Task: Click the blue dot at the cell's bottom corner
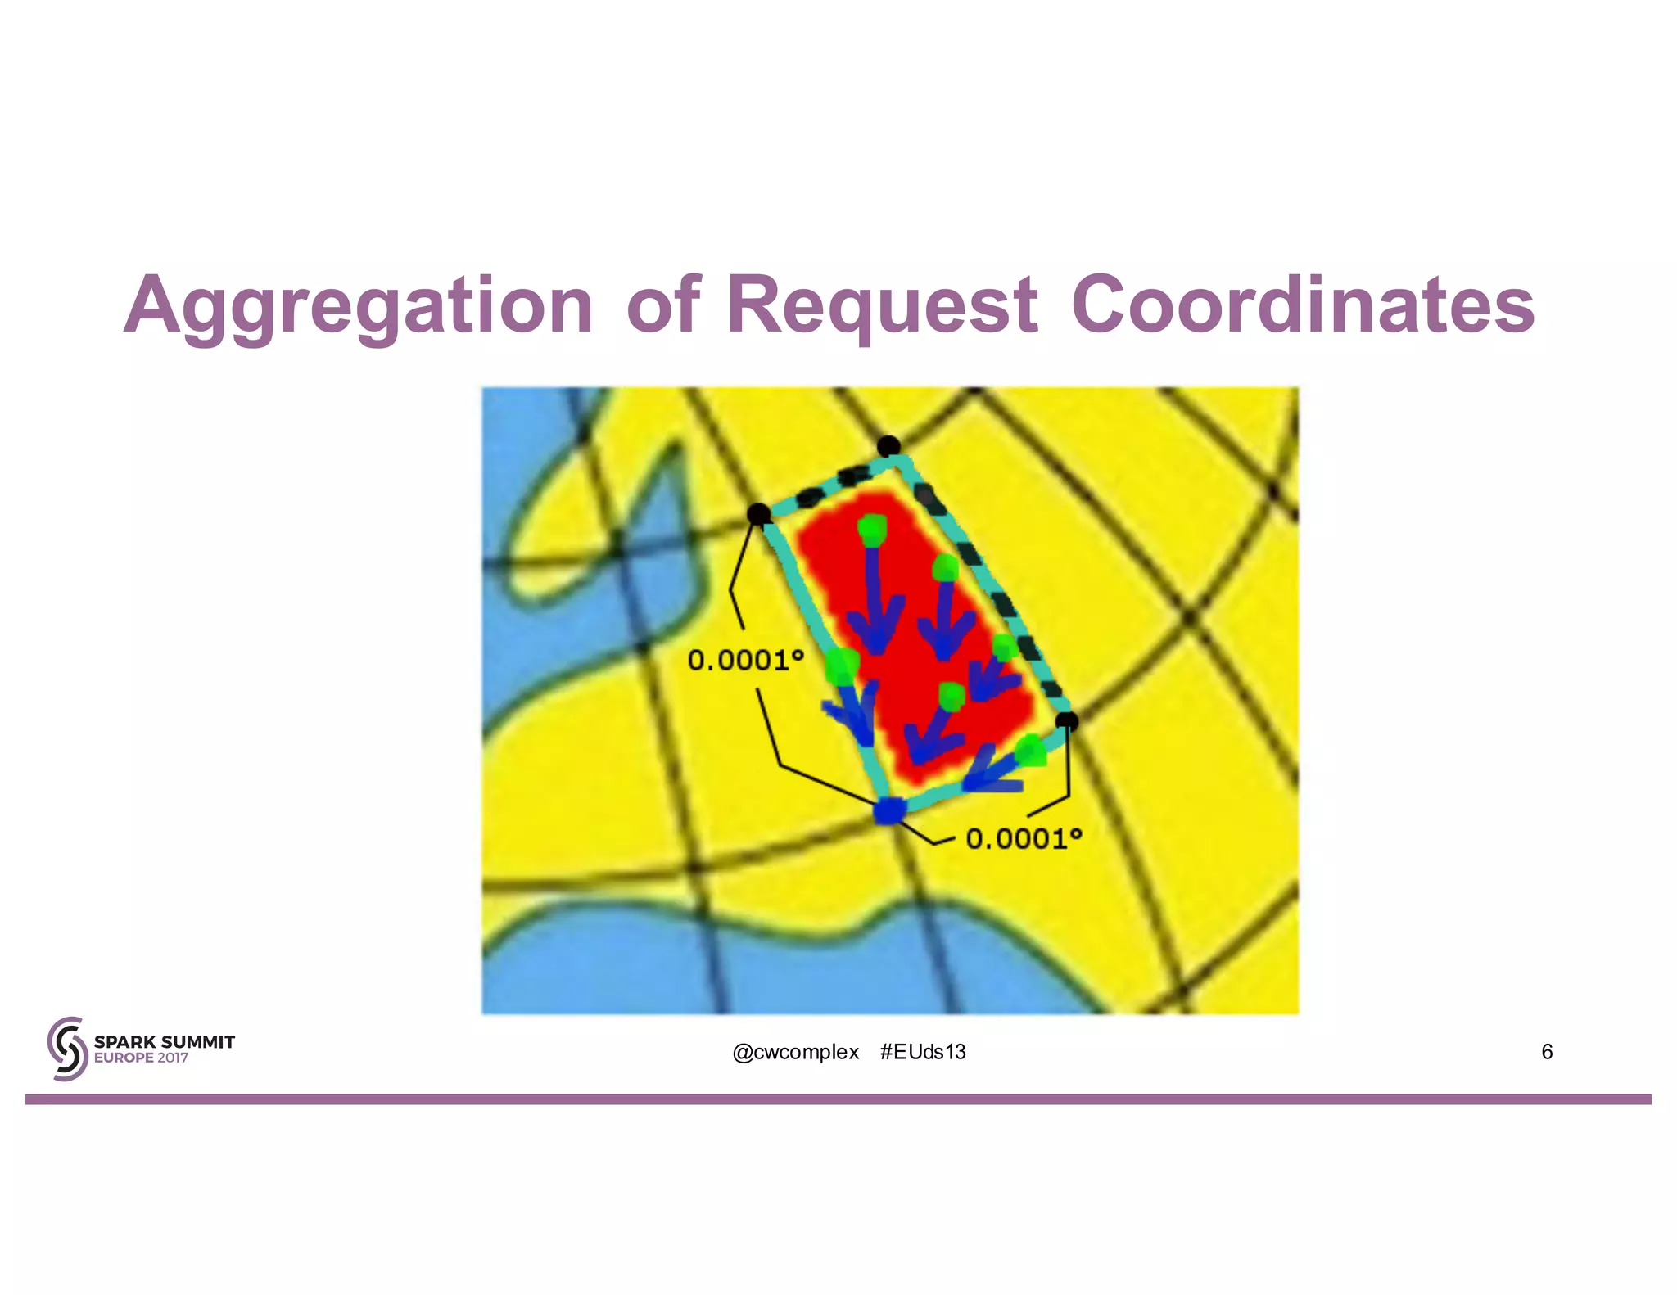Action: (889, 811)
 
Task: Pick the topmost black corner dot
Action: (888, 446)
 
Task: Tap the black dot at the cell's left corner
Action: (759, 514)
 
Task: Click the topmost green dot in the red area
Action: (873, 530)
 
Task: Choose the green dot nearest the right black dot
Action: (1032, 750)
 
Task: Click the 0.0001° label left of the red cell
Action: (745, 660)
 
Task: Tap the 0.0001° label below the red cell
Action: (1024, 838)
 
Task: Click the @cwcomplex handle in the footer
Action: (795, 1052)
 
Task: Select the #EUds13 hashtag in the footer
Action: (923, 1052)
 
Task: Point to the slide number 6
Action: (1547, 1052)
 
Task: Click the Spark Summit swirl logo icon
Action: (67, 1049)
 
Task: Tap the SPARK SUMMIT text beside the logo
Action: (165, 1042)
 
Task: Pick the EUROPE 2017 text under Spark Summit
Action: (141, 1058)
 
